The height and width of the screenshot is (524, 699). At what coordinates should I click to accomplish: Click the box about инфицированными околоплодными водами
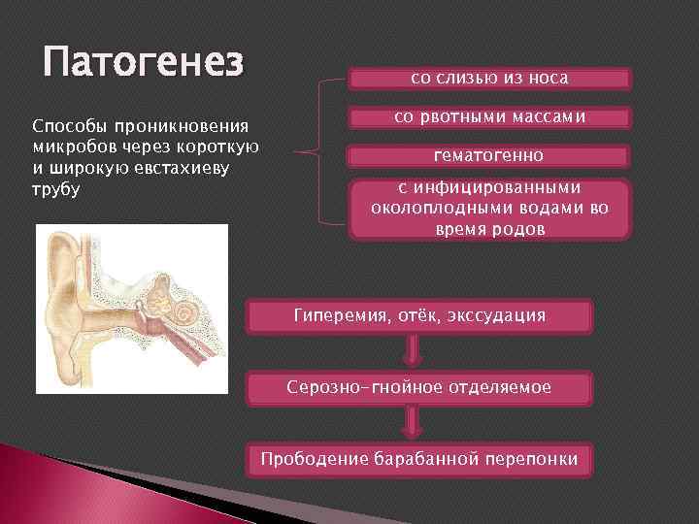coord(489,209)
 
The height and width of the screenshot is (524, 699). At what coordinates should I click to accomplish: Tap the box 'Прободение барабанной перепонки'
coord(419,459)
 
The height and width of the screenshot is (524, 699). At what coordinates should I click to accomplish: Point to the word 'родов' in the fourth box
coord(521,229)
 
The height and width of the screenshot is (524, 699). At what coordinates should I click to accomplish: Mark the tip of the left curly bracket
coord(293,153)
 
